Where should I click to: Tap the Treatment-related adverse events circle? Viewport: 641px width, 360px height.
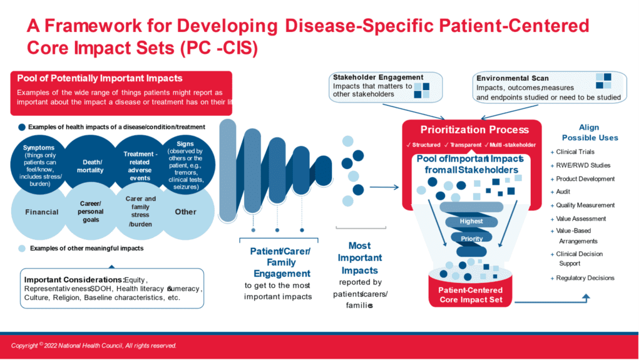138,165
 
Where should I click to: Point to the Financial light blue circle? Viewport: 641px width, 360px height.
42,212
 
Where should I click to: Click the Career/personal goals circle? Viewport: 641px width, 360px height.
91,212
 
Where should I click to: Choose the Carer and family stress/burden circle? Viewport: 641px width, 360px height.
138,212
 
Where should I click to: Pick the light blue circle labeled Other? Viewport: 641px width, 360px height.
185,212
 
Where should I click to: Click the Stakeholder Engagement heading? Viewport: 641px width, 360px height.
378,78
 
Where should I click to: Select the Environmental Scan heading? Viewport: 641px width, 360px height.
513,78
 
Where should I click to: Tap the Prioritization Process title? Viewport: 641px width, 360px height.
474,130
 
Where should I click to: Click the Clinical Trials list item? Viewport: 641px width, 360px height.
575,152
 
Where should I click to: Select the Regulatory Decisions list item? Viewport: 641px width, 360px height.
585,278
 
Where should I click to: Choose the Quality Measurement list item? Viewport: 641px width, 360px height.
585,205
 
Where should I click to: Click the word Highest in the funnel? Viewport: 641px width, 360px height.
471,221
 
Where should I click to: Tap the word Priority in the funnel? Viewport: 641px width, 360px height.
471,239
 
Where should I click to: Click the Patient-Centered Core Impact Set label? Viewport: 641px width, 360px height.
470,295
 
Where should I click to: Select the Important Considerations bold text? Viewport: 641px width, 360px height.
73,279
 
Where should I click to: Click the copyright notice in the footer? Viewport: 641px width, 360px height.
94,346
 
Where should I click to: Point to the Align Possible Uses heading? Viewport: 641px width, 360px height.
589,132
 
